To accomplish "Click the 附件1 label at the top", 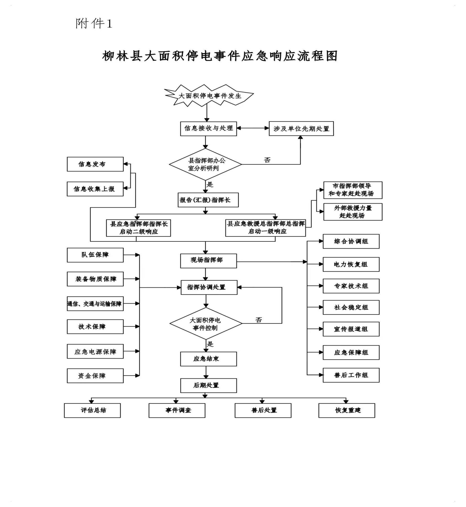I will [x=94, y=24].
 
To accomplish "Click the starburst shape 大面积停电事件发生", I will [x=209, y=96].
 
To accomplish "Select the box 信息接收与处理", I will [x=208, y=128].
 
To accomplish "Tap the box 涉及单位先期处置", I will [x=301, y=129].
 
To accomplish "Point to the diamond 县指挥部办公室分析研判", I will [x=205, y=165].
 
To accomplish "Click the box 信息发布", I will [x=95, y=164].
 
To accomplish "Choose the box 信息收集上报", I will [x=95, y=189].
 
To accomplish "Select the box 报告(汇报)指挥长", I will [x=208, y=200].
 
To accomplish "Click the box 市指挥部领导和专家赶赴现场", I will [x=352, y=190].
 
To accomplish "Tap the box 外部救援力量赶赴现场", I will [x=352, y=212].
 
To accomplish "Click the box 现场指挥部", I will [x=208, y=261].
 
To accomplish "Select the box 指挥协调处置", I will [x=209, y=288].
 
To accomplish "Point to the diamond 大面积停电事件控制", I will [x=206, y=324].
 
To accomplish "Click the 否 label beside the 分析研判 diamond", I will [x=267, y=160].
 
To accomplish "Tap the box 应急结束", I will [x=208, y=359].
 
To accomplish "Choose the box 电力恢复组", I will [x=351, y=264].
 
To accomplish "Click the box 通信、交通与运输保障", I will [x=95, y=304].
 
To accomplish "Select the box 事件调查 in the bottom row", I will [x=177, y=410].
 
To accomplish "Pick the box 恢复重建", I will [x=346, y=410].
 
